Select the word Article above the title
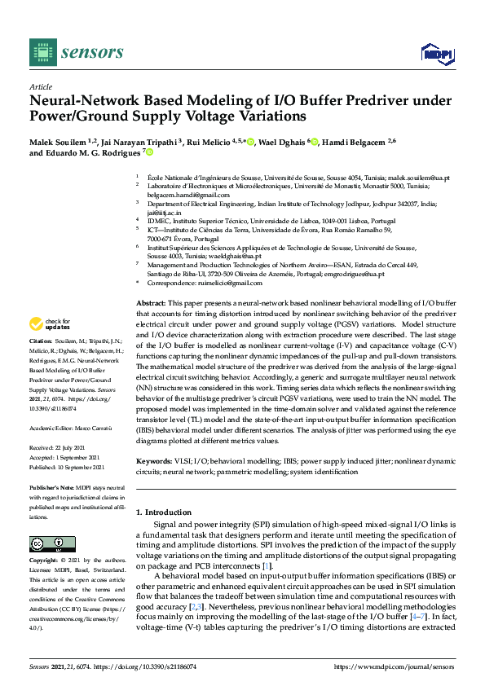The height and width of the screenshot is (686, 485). coord(41,86)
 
